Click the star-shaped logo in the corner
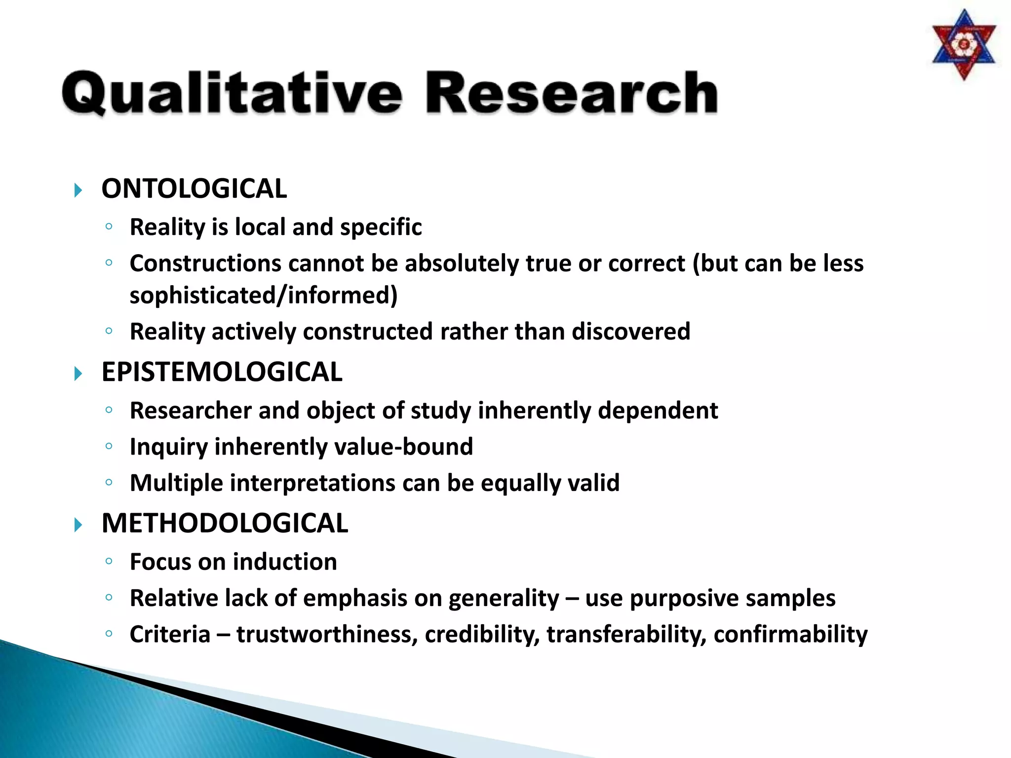pos(964,45)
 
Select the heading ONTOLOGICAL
pos(194,189)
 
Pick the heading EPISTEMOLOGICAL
pos(222,372)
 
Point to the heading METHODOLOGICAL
pos(225,524)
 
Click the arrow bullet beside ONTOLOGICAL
pos(78,190)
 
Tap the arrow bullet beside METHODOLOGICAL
pos(78,525)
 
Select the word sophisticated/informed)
pos(264,296)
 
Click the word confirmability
pos(790,635)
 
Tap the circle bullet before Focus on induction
pos(109,561)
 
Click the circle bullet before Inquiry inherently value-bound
pos(109,446)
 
